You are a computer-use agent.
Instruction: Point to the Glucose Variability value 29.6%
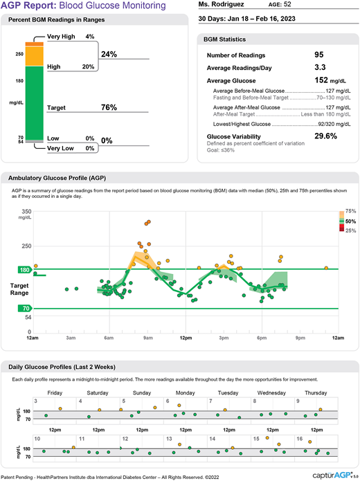[325, 136]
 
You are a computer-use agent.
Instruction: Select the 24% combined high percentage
[109, 53]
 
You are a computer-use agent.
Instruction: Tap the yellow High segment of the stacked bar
[35, 57]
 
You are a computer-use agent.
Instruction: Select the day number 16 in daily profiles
[299, 439]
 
